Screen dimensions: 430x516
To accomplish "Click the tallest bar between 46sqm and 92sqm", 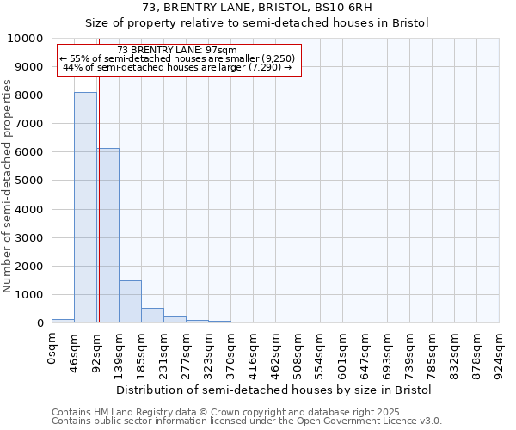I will [85, 207].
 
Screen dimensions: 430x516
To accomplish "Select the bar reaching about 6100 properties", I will [107, 236].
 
